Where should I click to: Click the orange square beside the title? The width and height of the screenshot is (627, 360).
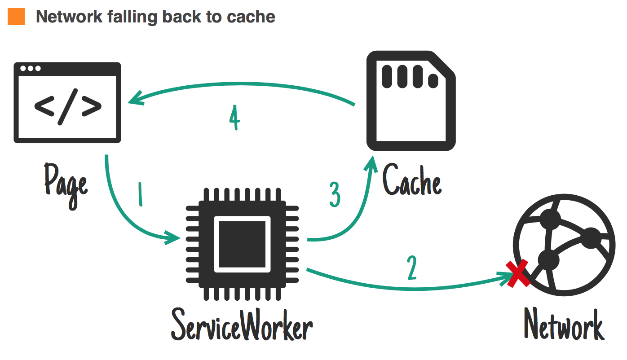point(16,17)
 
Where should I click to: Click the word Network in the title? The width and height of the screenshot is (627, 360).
point(68,17)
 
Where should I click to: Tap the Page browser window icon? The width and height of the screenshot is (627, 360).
point(67,103)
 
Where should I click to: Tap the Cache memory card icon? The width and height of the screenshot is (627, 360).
point(411,101)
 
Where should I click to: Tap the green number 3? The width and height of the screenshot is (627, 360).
point(335,194)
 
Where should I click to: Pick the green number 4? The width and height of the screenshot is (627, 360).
point(234,119)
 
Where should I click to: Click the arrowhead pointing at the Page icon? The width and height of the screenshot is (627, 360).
point(135,100)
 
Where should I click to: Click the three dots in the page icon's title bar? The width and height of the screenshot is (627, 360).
point(30,69)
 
